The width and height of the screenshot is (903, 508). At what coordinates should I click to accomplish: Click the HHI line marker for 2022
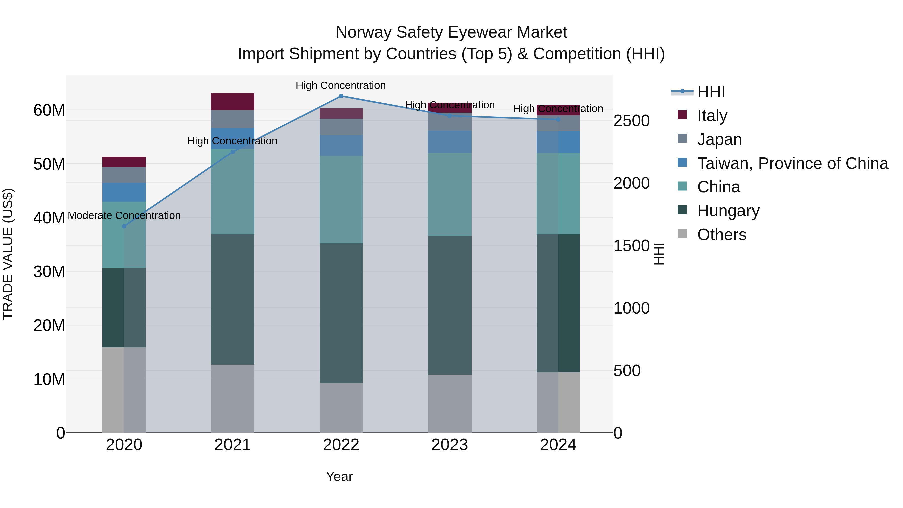[x=341, y=96]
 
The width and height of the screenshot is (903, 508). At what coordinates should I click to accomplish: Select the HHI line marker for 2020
[x=124, y=226]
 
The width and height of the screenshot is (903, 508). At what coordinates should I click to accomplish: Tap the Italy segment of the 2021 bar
[x=233, y=102]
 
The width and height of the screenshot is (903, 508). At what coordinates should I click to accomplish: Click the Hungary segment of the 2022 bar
[x=341, y=313]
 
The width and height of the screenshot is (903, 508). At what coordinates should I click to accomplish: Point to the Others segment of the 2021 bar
[x=233, y=398]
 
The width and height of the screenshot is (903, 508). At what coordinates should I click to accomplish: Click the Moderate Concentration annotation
[x=124, y=215]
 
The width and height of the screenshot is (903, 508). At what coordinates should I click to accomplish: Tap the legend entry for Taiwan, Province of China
[x=792, y=163]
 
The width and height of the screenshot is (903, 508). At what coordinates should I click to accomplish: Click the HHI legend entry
[x=711, y=92]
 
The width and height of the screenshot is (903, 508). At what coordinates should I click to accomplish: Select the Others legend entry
[x=721, y=235]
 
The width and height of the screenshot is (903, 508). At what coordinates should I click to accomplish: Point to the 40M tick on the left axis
[x=49, y=218]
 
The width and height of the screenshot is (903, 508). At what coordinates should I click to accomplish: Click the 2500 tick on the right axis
[x=631, y=121]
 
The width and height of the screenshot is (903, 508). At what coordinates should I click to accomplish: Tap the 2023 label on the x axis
[x=449, y=445]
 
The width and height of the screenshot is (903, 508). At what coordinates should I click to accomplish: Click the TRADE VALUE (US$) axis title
[x=8, y=254]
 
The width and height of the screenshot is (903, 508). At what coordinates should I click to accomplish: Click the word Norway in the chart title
[x=363, y=32]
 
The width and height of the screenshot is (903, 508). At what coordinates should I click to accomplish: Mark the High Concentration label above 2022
[x=340, y=85]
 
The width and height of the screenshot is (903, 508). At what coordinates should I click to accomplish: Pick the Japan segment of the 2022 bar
[x=341, y=127]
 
